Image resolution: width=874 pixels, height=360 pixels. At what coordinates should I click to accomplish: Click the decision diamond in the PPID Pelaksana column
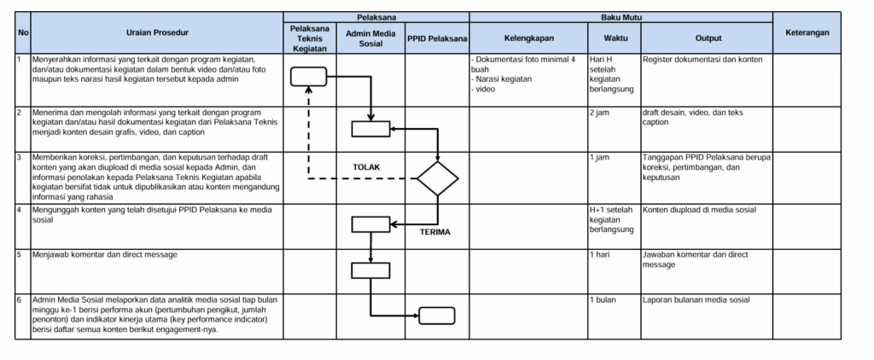[x=438, y=179]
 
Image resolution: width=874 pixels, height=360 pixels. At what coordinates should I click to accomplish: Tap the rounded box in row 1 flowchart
[x=308, y=76]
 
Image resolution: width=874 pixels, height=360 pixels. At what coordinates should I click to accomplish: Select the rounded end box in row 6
[x=436, y=316]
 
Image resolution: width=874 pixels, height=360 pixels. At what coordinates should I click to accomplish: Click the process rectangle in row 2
[x=370, y=129]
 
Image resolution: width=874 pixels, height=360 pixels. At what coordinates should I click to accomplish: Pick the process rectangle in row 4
[x=370, y=224]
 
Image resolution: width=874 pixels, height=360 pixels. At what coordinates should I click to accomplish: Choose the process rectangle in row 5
[x=370, y=270]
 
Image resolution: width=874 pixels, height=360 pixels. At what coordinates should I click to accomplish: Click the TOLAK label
[x=366, y=166]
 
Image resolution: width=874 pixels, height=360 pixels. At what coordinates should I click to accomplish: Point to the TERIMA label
[x=435, y=232]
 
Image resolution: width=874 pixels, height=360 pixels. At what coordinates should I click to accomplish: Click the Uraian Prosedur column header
[x=158, y=33]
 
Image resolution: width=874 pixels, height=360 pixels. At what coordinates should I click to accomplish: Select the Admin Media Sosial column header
[x=370, y=38]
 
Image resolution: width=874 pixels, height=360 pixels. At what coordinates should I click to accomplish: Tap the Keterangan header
[x=807, y=33]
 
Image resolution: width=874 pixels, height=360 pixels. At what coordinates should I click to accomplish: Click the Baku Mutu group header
[x=621, y=18]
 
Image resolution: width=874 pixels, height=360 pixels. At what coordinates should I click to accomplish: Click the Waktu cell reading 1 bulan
[x=603, y=299]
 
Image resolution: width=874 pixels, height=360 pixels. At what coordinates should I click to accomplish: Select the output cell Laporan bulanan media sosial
[x=696, y=299]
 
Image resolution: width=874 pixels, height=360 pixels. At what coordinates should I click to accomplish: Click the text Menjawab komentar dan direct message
[x=105, y=255]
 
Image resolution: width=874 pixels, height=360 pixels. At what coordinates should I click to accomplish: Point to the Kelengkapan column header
[x=529, y=38]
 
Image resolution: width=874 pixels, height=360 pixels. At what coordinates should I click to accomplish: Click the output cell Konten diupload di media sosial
[x=699, y=210]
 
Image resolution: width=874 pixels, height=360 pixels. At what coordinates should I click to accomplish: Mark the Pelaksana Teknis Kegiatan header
[x=310, y=38]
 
